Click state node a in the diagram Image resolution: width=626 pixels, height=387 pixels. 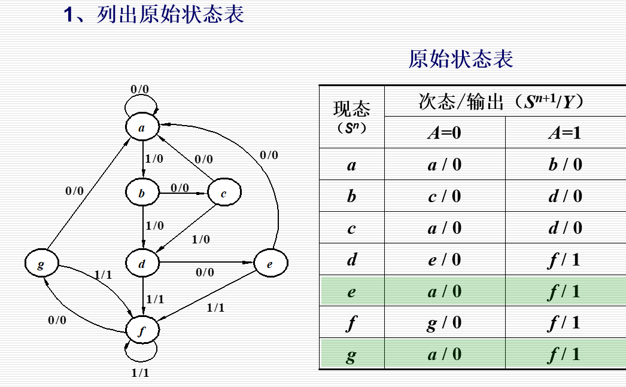(x=142, y=127)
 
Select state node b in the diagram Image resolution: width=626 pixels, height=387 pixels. (x=142, y=193)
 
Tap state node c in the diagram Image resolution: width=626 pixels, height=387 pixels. (x=224, y=193)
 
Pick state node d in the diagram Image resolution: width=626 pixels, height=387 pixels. (x=142, y=263)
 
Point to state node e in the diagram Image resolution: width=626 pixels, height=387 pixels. (x=271, y=263)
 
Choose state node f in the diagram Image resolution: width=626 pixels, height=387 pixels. (x=142, y=331)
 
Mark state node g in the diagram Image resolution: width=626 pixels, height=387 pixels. (x=41, y=263)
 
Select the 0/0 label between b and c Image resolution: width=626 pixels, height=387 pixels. (x=180, y=187)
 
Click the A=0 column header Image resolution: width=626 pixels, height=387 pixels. (x=444, y=133)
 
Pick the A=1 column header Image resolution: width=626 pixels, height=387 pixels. (x=564, y=133)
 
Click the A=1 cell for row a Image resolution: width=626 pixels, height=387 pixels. (x=564, y=164)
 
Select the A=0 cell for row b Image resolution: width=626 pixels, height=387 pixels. (x=444, y=196)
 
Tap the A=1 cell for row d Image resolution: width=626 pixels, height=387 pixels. (x=564, y=260)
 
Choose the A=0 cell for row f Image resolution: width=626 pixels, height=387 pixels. (x=444, y=323)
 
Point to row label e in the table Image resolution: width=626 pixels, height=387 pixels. (x=351, y=291)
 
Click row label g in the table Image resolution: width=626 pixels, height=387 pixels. (x=351, y=355)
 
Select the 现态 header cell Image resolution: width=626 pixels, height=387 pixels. (x=351, y=116)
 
